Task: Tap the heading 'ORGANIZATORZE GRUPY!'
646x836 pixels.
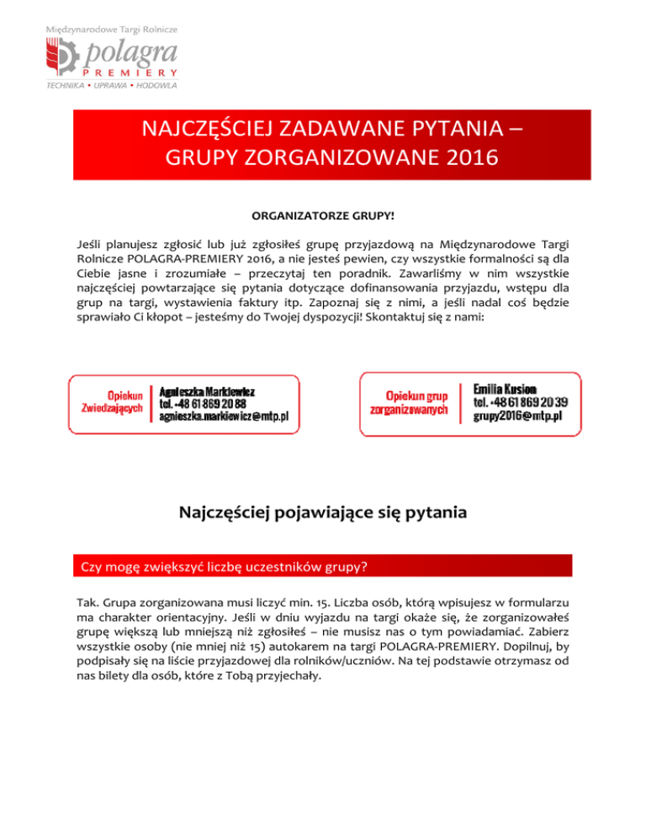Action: [323, 216]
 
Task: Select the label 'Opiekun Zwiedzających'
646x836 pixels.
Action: [112, 401]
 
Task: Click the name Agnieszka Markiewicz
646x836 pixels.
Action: [208, 392]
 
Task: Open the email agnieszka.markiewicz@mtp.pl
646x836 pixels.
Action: [225, 415]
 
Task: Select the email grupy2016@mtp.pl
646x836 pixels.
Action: [517, 415]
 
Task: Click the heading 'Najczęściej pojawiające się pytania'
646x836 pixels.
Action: [323, 511]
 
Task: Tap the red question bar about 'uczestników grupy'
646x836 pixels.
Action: [323, 566]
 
